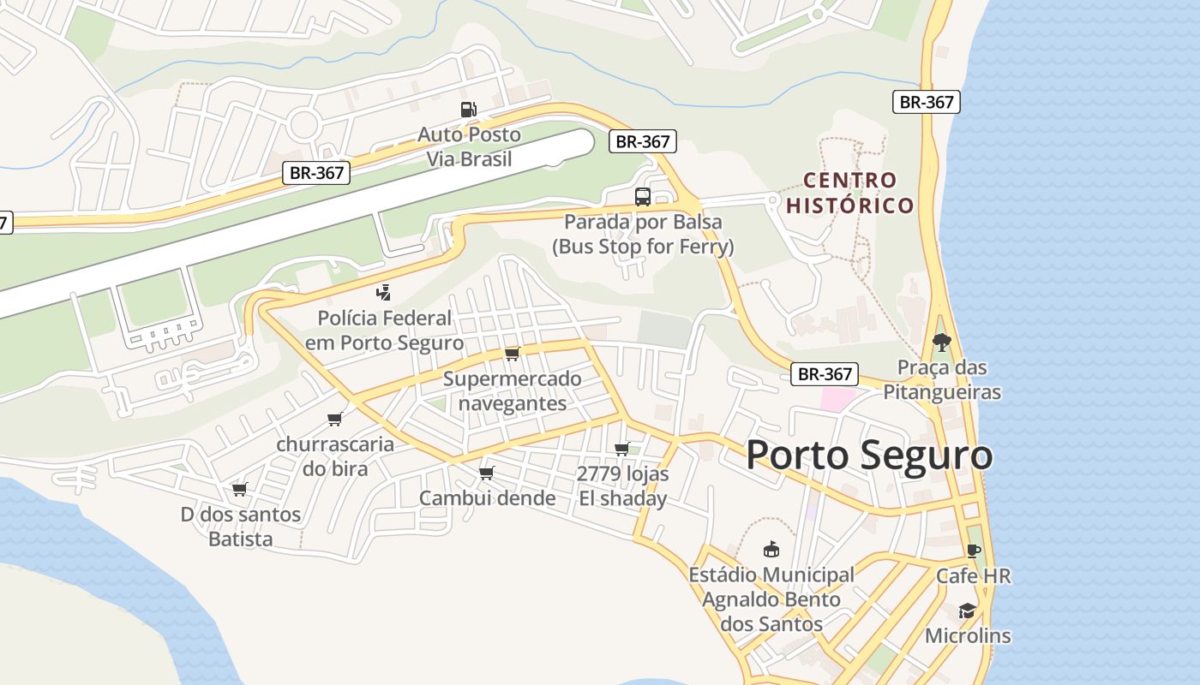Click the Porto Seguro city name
click(x=869, y=456)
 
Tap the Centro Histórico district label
click(x=850, y=193)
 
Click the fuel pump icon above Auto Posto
click(x=468, y=109)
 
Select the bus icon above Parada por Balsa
click(x=642, y=197)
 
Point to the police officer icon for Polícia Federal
click(x=385, y=293)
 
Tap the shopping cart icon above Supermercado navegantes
click(x=512, y=354)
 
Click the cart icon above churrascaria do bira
click(x=334, y=420)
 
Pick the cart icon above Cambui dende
click(x=487, y=473)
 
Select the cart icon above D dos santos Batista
click(x=239, y=490)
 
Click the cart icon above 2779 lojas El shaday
click(x=622, y=449)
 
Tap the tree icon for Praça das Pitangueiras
click(x=942, y=342)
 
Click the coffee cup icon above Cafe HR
click(x=973, y=551)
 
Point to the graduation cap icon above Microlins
click(x=967, y=611)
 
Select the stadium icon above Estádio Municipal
click(x=771, y=550)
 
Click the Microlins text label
click(x=968, y=636)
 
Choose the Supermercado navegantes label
click(x=513, y=390)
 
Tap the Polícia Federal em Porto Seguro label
click(x=384, y=331)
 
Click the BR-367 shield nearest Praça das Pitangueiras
click(x=825, y=374)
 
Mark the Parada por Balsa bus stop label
click(x=643, y=235)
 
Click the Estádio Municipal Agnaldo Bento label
click(x=771, y=599)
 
